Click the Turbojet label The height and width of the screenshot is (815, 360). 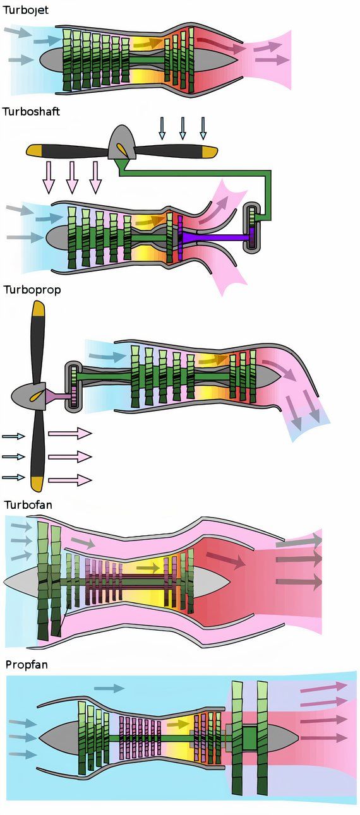pos(26,11)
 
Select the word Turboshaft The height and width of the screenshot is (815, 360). pos(32,112)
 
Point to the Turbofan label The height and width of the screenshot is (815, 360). pos(28,504)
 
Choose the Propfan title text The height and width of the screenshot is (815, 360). pos(27,665)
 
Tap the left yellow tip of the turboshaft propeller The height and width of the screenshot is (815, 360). pos(34,150)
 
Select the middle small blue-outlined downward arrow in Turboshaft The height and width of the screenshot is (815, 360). pos(183,128)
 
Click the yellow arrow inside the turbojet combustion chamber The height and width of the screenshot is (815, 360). pos(148,43)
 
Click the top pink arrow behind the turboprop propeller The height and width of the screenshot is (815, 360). pos(70,433)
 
